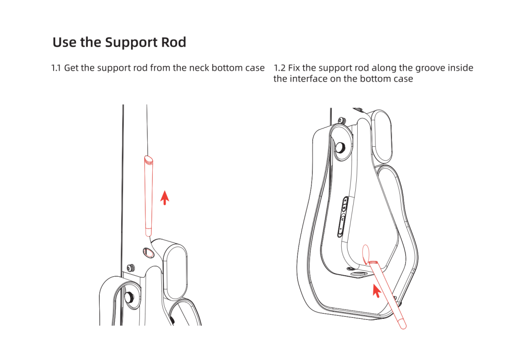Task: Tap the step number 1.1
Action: [57, 68]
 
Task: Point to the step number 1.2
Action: [279, 68]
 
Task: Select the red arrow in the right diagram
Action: [377, 290]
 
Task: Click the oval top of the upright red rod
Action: [148, 159]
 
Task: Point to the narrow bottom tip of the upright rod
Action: [148, 231]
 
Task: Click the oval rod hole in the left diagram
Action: [148, 253]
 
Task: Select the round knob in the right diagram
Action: [341, 147]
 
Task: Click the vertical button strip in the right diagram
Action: [342, 216]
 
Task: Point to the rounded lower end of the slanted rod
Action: [403, 325]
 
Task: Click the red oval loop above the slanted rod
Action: [367, 253]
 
